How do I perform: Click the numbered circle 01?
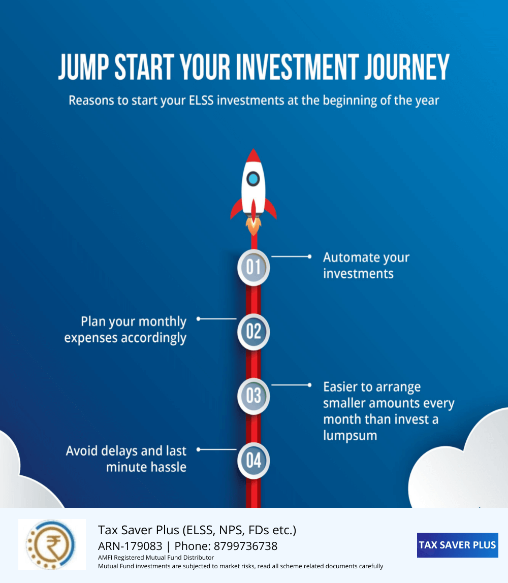click(x=253, y=267)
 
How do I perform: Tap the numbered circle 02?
click(x=253, y=332)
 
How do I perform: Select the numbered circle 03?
click(x=253, y=396)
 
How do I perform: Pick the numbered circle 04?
click(x=253, y=460)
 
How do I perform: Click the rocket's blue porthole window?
click(x=253, y=179)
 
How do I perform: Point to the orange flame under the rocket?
click(x=253, y=225)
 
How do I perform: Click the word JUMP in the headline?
click(x=84, y=67)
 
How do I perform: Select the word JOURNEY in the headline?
click(x=407, y=67)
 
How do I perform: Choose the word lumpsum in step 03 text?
click(x=350, y=435)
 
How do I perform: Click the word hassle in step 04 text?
click(x=169, y=467)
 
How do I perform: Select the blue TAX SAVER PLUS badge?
click(x=457, y=545)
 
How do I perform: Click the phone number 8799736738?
click(x=245, y=546)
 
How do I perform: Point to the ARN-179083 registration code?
click(x=130, y=546)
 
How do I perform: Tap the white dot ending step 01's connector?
click(x=309, y=256)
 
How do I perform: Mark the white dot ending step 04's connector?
click(x=199, y=449)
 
